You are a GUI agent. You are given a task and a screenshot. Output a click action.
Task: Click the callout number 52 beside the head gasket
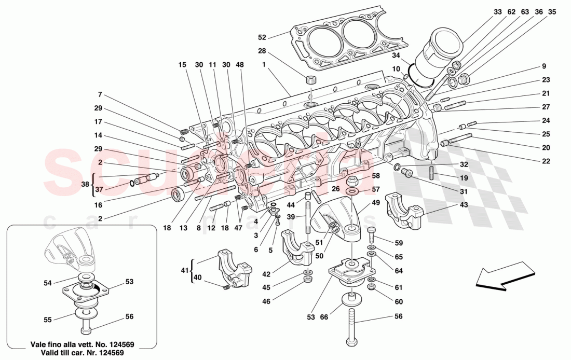262,37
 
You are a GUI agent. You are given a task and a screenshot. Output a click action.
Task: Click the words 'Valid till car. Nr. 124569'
83,352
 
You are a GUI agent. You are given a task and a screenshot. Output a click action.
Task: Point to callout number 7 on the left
100,95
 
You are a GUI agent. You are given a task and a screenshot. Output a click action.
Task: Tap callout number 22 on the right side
545,161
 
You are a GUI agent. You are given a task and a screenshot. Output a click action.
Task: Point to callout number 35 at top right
551,11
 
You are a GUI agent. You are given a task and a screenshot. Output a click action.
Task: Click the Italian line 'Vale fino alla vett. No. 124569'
83,343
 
